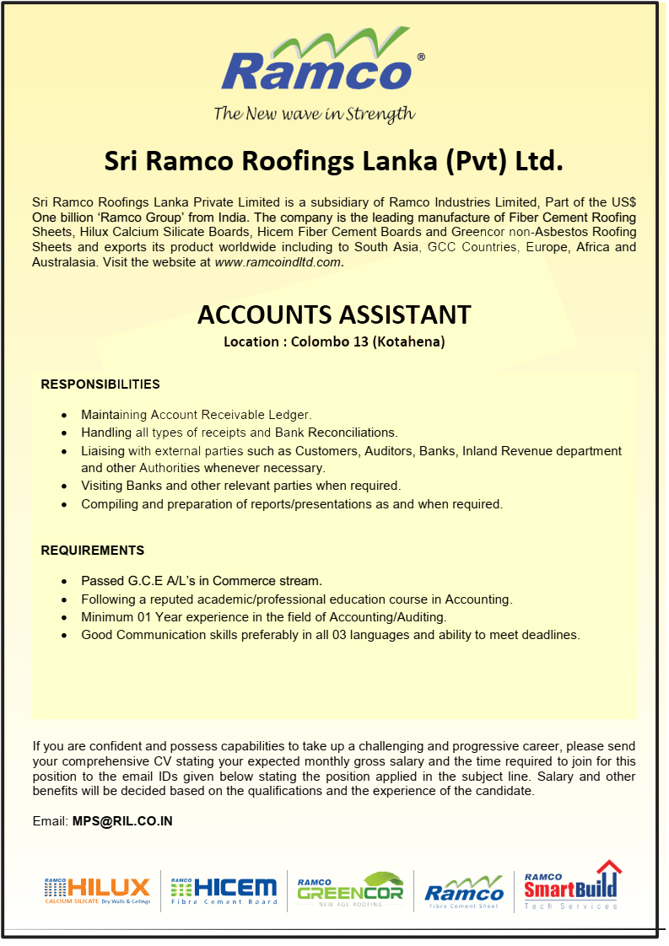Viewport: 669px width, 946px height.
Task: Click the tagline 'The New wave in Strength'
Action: pyautogui.click(x=314, y=114)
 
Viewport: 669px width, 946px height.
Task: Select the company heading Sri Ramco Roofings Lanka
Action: pyautogui.click(x=333, y=161)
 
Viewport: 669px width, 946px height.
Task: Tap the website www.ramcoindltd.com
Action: pyautogui.click(x=278, y=262)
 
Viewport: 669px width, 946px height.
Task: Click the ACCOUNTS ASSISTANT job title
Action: pyautogui.click(x=334, y=314)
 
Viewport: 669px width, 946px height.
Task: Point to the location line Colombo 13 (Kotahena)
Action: pyautogui.click(x=334, y=341)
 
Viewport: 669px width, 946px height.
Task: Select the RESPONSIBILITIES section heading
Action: pyautogui.click(x=100, y=384)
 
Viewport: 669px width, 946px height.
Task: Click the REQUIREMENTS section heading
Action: pyautogui.click(x=93, y=551)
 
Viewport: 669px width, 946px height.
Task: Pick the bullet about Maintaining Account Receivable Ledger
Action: pyautogui.click(x=197, y=415)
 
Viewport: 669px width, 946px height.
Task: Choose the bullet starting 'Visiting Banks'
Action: pyautogui.click(x=240, y=486)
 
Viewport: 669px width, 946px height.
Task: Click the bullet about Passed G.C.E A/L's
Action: pyautogui.click(x=202, y=581)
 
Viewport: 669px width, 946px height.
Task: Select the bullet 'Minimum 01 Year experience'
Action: pyautogui.click(x=263, y=617)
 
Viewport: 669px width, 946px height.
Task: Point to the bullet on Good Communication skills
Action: pyautogui.click(x=330, y=635)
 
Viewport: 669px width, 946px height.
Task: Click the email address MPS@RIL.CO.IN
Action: pyautogui.click(x=122, y=820)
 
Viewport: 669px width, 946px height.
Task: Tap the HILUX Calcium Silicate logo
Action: pyautogui.click(x=97, y=890)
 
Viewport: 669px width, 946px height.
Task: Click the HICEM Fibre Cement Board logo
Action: pyautogui.click(x=224, y=890)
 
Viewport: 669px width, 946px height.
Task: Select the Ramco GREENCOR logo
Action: pyautogui.click(x=350, y=890)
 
